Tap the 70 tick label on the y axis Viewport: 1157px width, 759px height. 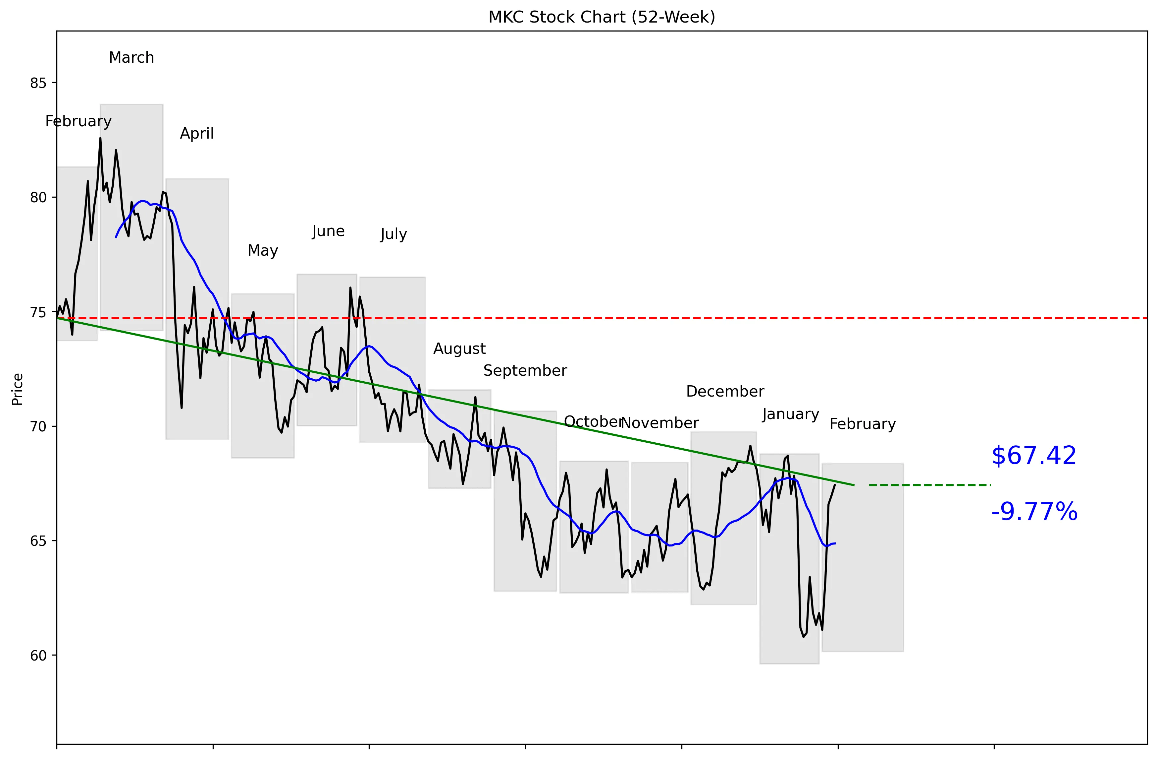click(x=38, y=427)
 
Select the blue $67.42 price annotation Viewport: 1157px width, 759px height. click(x=1033, y=456)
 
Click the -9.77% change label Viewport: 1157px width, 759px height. click(x=1034, y=512)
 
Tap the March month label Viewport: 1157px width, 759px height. click(x=131, y=57)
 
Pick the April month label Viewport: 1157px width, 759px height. click(x=196, y=133)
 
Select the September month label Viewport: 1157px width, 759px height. click(x=525, y=371)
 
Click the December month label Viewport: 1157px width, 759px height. click(x=725, y=392)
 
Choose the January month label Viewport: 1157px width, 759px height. click(x=790, y=414)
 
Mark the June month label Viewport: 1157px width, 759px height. click(x=328, y=231)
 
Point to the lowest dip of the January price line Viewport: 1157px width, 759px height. click(x=804, y=636)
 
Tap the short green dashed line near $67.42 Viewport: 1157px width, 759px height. click(x=929, y=485)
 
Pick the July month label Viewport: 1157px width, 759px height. click(x=393, y=234)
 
